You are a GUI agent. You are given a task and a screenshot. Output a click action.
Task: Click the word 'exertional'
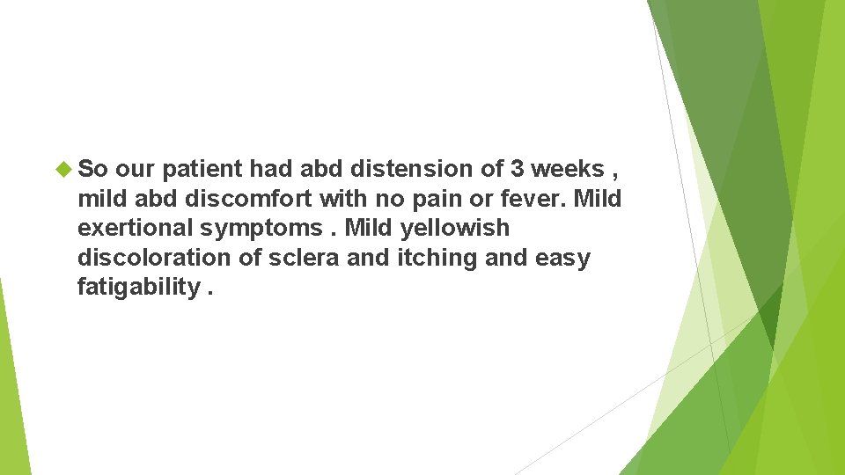point(136,228)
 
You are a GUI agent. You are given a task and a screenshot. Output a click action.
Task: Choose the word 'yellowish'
point(455,228)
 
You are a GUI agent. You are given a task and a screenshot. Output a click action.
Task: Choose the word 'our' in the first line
point(135,169)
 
